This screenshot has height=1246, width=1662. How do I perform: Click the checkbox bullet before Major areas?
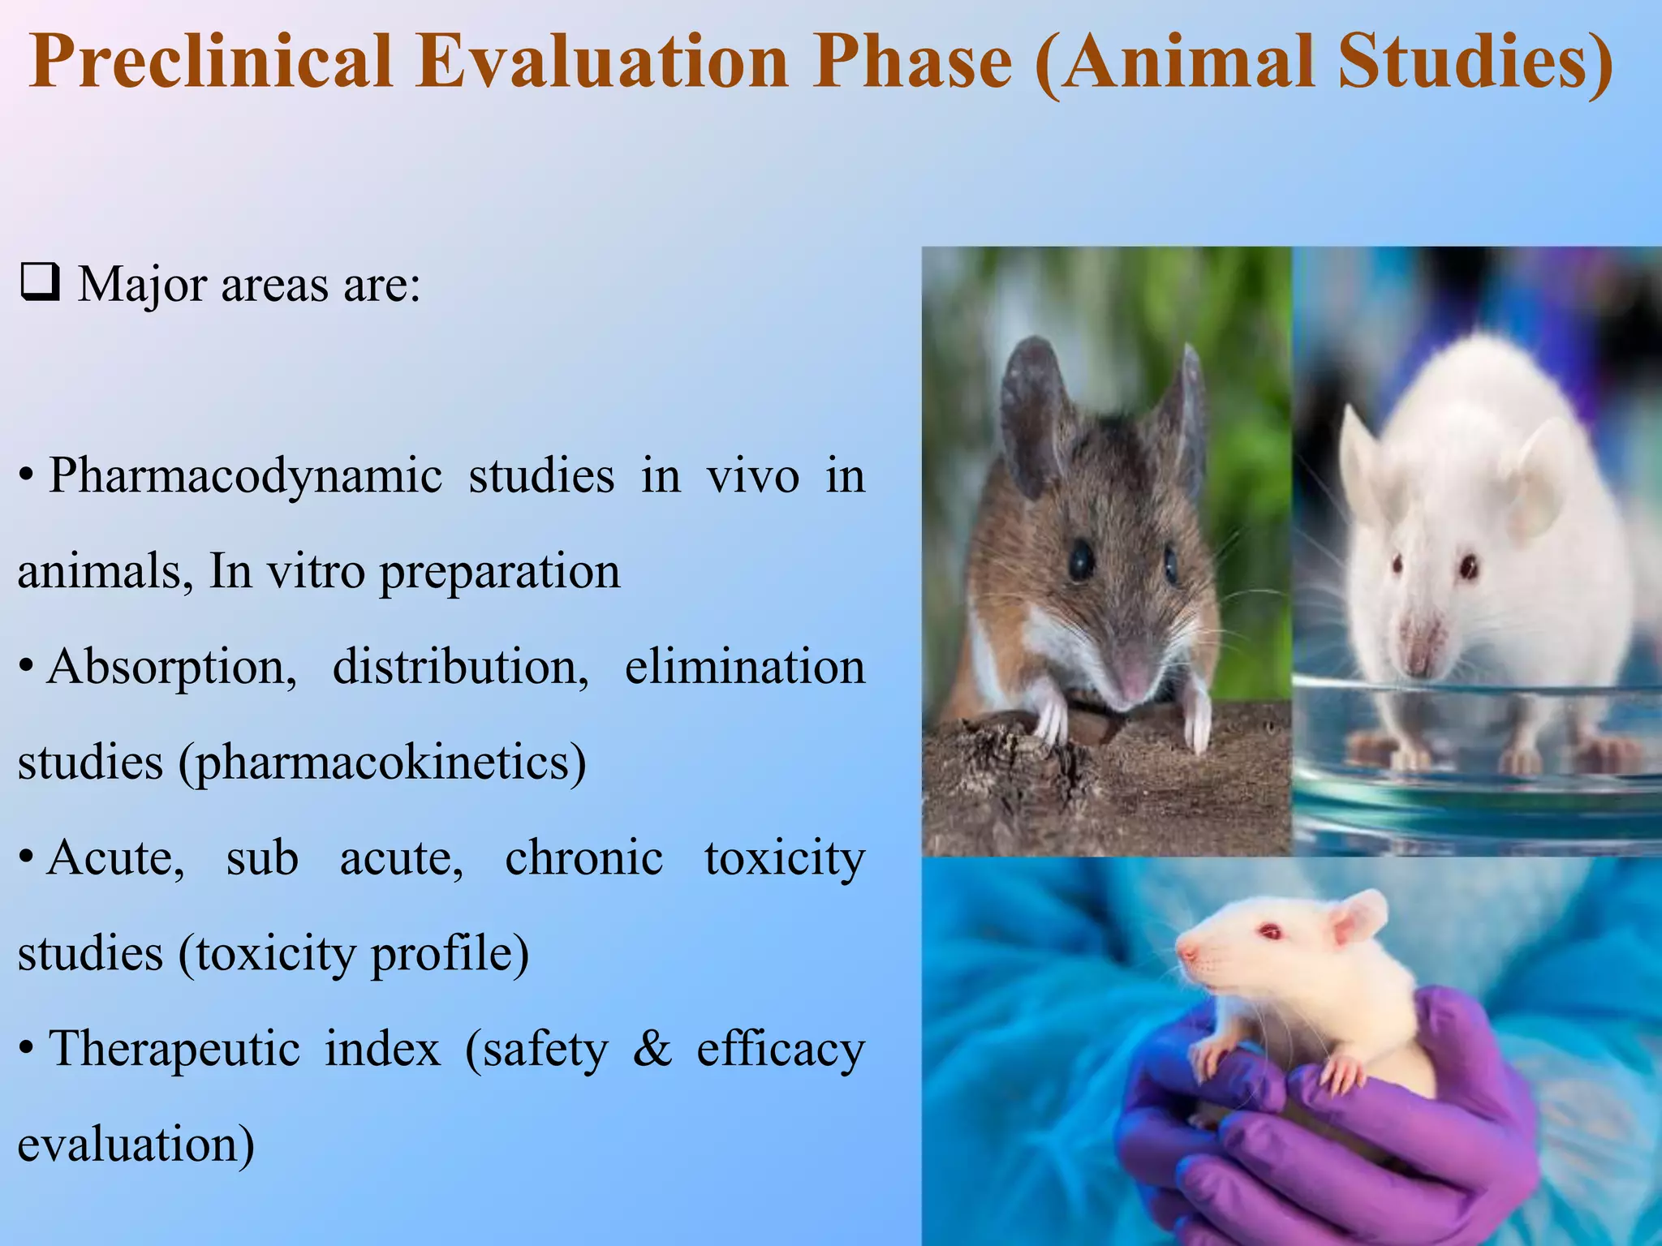pyautogui.click(x=40, y=283)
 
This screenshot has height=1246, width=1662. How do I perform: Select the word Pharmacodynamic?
pyautogui.click(x=245, y=476)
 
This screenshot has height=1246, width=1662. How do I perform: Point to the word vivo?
pyautogui.click(x=753, y=476)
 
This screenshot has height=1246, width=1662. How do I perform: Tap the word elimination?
pyautogui.click(x=744, y=667)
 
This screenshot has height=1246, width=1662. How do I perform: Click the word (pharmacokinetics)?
pyautogui.click(x=382, y=763)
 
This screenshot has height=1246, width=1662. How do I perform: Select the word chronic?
pyautogui.click(x=583, y=858)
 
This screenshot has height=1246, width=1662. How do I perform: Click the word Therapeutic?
pyautogui.click(x=174, y=1049)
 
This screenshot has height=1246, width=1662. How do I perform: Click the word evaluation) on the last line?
pyautogui.click(x=136, y=1145)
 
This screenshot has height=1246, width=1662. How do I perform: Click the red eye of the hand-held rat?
pyautogui.click(x=1270, y=931)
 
